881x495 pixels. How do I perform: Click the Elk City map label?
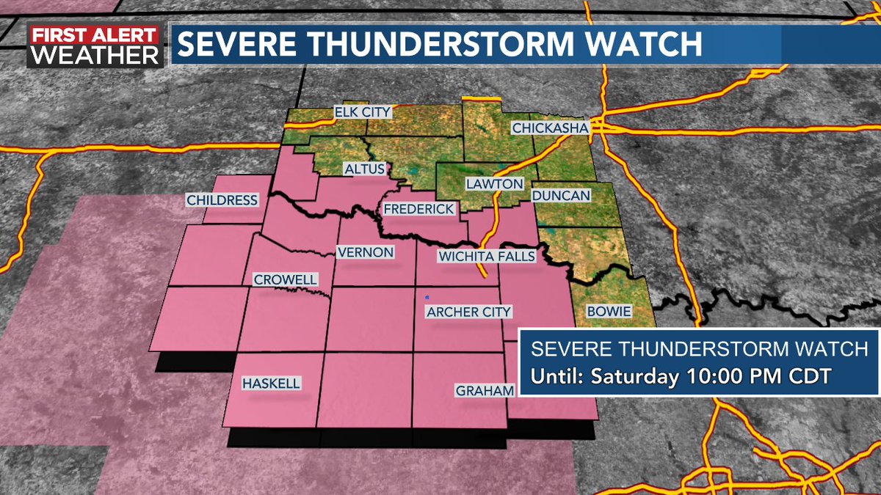point(363,112)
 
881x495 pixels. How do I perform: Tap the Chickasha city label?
point(550,128)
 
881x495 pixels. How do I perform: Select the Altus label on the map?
point(363,169)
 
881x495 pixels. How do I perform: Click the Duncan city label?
point(560,196)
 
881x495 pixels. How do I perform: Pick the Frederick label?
point(419,209)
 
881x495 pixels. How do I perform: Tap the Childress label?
point(222,200)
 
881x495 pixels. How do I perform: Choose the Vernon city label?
point(365,252)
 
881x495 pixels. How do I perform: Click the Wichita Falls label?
point(486,256)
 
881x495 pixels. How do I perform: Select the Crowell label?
point(285,280)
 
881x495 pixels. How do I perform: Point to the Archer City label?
point(468,312)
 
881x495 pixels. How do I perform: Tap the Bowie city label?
point(609,312)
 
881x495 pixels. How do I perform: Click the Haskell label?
point(271,384)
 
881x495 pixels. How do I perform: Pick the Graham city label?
point(485,391)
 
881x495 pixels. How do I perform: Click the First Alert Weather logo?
point(95,45)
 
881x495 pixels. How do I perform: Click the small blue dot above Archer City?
point(427,298)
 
